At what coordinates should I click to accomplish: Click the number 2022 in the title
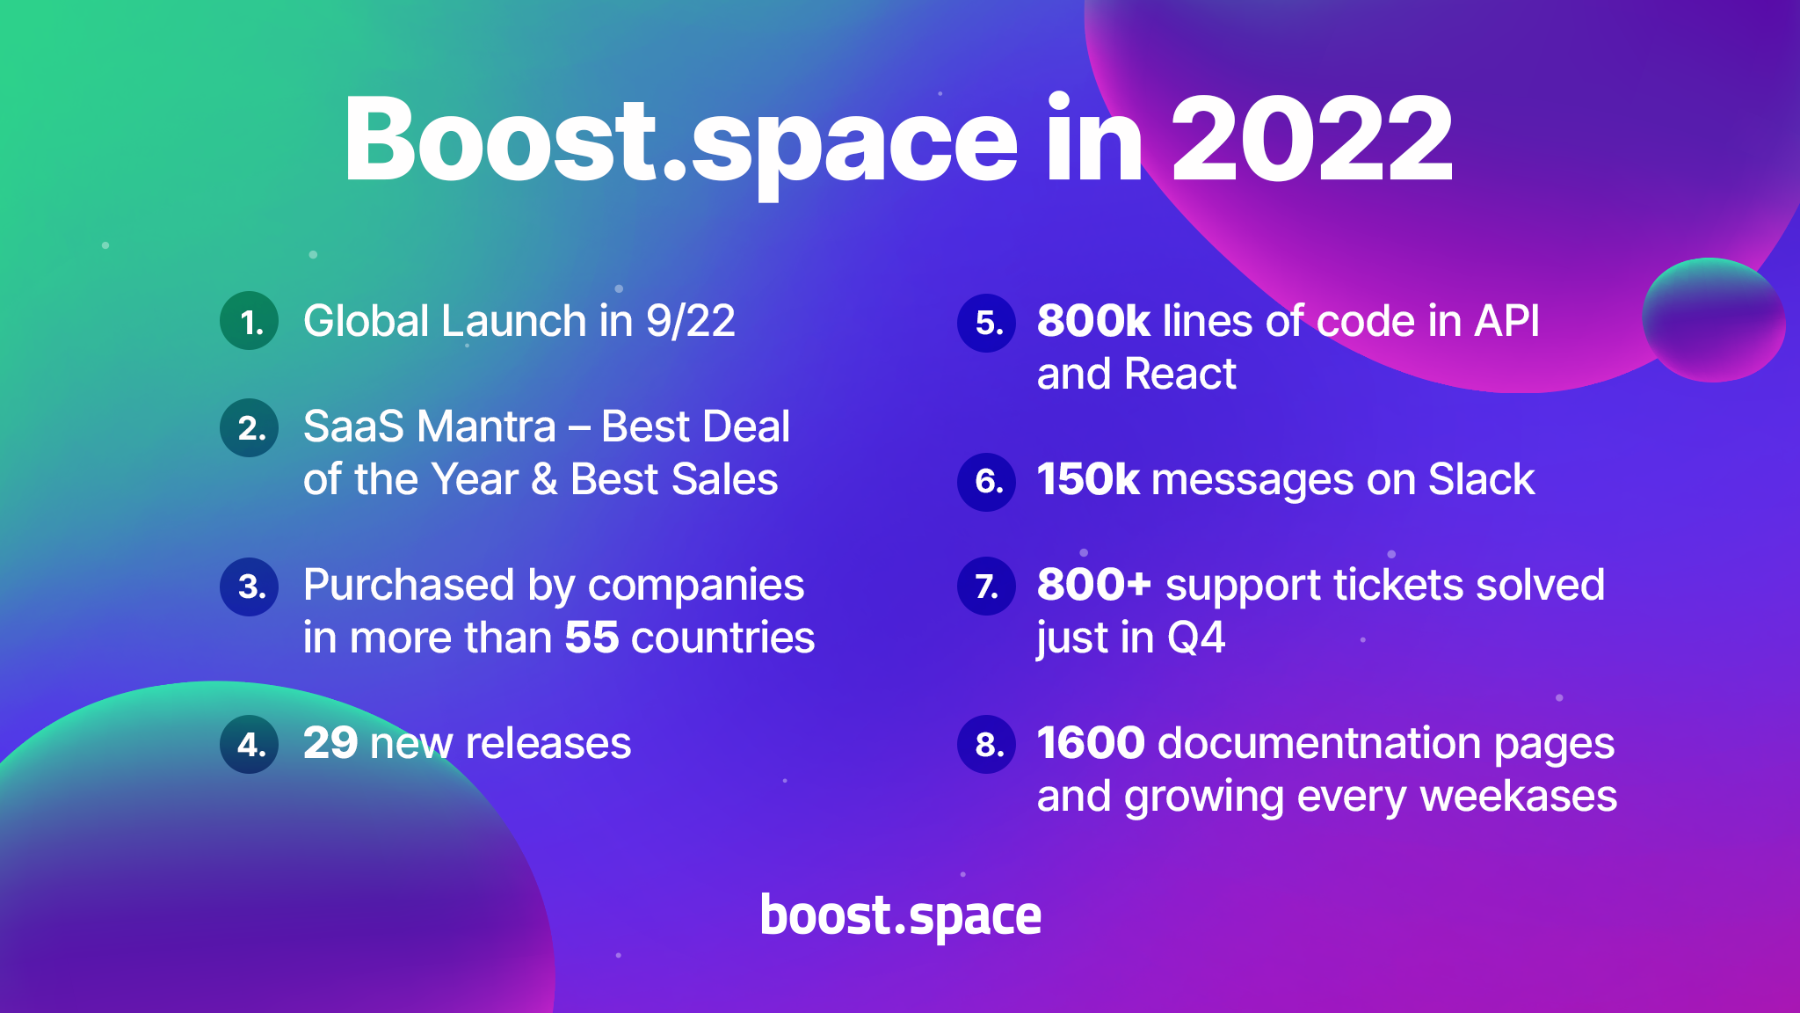pos(1311,141)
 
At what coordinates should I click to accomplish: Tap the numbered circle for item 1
pos(250,321)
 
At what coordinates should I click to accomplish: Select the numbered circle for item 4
pos(250,744)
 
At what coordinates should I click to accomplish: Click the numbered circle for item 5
pos(987,323)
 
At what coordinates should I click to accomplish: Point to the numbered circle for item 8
pos(987,745)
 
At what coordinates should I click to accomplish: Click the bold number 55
pos(592,638)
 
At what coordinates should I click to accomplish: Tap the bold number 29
pos(330,743)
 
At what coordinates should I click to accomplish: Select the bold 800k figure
pos(1092,321)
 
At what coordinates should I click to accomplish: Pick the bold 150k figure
pos(1087,480)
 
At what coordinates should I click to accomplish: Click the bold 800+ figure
pos(1093,585)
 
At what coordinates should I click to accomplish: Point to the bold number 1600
pos(1091,743)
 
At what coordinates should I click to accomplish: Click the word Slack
pos(1481,480)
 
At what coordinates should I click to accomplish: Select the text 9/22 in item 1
pos(691,321)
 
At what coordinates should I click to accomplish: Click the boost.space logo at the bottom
pos(900,916)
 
